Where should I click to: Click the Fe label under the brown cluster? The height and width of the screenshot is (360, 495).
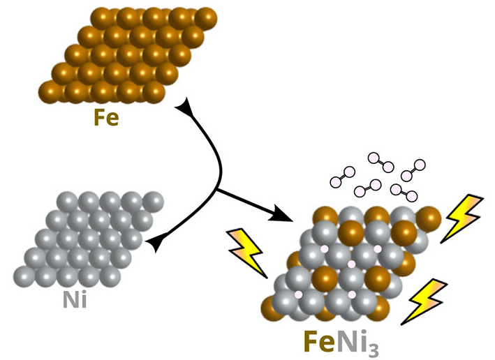point(106,118)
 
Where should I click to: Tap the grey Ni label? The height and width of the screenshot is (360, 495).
point(75,299)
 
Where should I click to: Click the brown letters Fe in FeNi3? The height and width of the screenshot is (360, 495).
point(319,341)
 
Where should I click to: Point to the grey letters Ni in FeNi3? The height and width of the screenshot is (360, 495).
point(350,341)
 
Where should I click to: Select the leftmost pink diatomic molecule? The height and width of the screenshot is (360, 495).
point(343,177)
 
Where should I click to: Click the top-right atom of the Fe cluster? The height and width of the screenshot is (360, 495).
point(206,18)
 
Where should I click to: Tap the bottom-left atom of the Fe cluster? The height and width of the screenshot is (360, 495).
point(50,92)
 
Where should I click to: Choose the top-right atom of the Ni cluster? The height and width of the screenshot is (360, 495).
point(153,202)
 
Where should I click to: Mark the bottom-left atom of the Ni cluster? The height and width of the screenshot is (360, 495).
point(24,277)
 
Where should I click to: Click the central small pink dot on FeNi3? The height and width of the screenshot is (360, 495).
point(351,264)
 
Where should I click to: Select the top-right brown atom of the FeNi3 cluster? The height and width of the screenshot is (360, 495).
point(429,218)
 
